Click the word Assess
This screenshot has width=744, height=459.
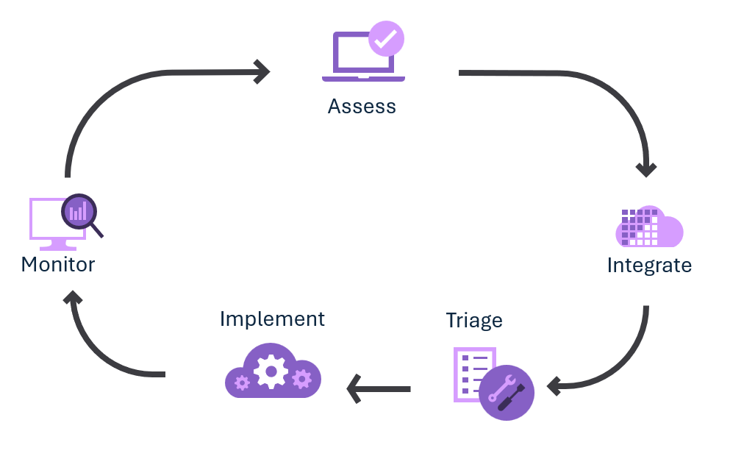[x=362, y=107]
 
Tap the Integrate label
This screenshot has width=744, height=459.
[x=649, y=266]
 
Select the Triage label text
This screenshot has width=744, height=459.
[x=474, y=321]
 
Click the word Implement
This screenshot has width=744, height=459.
[x=272, y=319]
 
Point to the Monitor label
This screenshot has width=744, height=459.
[x=58, y=264]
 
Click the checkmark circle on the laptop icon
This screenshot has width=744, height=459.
[x=386, y=40]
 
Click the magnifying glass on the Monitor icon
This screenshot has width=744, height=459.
[x=79, y=213]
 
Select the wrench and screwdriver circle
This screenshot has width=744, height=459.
[x=506, y=392]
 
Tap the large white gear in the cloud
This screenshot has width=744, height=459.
[x=271, y=371]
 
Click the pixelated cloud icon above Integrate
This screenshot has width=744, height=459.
[x=649, y=227]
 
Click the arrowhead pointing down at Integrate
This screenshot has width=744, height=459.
[x=646, y=169]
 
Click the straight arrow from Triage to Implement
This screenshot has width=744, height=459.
[x=379, y=388]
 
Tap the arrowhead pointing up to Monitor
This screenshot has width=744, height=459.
[x=72, y=297]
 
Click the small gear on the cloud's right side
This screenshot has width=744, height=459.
[x=301, y=379]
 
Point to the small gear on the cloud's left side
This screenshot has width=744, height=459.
[x=242, y=382]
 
